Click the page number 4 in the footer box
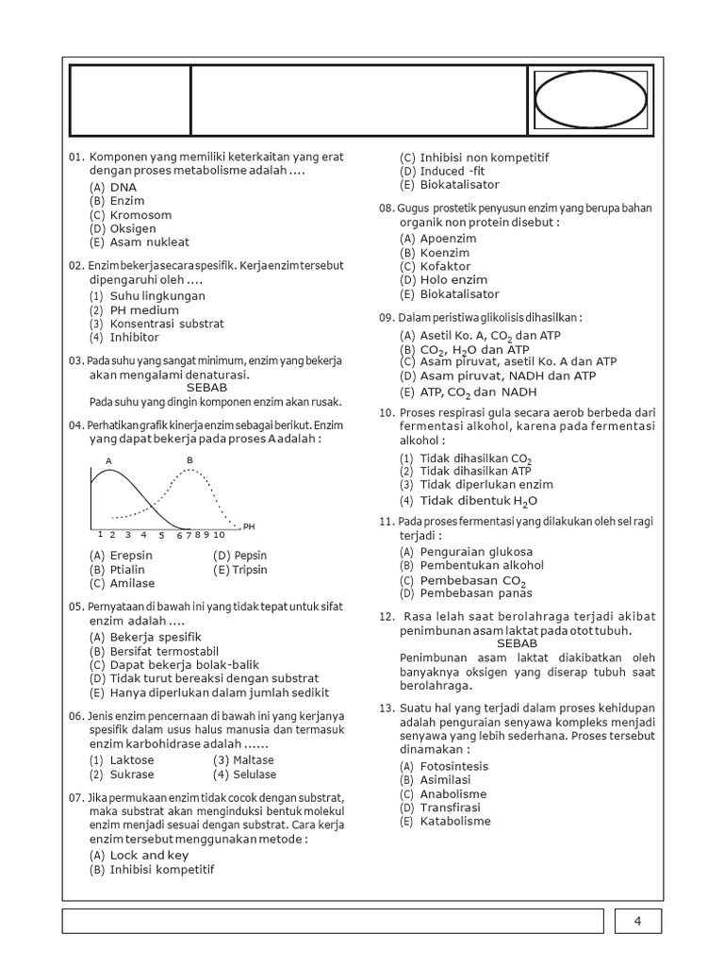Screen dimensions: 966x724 coord(637,922)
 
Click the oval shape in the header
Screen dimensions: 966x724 coord(590,98)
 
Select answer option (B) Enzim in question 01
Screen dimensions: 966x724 coord(118,201)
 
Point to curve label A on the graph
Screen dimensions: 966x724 coord(108,460)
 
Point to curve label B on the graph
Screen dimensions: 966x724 coord(189,459)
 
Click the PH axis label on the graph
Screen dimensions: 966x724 coord(250,525)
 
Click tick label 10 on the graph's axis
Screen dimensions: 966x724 coord(218,535)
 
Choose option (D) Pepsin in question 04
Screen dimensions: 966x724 coord(240,556)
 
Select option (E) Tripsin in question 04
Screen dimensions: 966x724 coord(240,570)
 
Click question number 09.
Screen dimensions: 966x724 coord(386,318)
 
